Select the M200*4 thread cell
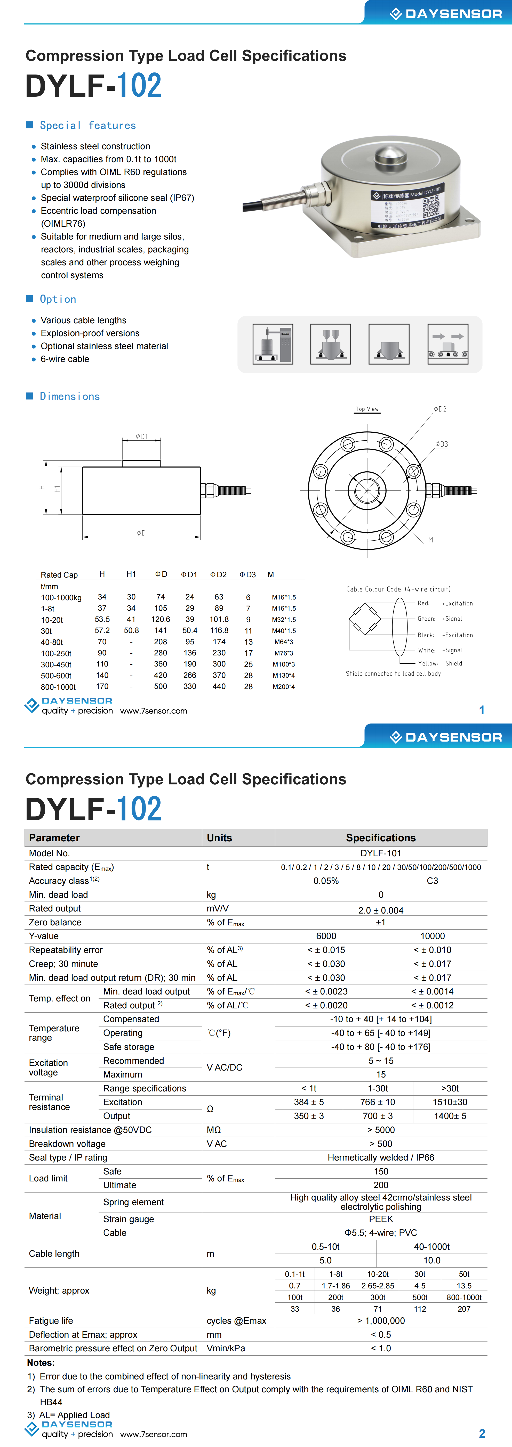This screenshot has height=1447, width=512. point(284,686)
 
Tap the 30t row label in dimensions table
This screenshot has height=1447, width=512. point(46,631)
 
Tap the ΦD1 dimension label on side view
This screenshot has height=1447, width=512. point(142,437)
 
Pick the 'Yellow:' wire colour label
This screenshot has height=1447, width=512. point(427,663)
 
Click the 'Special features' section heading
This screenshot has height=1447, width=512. point(88,125)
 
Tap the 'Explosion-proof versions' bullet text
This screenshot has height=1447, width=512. point(90,333)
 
